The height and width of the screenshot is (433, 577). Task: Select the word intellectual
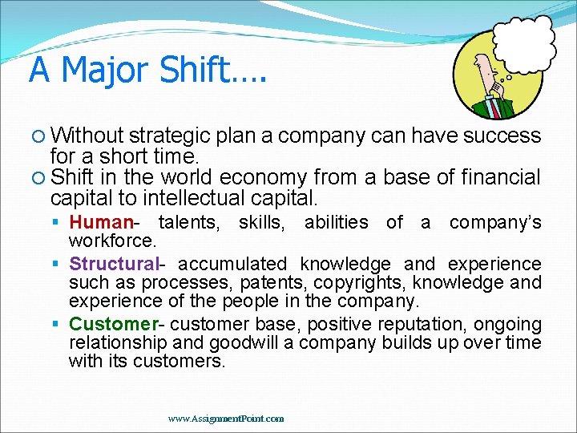click(191, 197)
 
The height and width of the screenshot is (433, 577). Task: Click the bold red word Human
click(100, 223)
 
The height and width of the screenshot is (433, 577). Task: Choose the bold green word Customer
click(114, 324)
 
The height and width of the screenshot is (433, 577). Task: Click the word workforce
click(112, 241)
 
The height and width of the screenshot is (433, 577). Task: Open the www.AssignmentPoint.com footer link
click(226, 419)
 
